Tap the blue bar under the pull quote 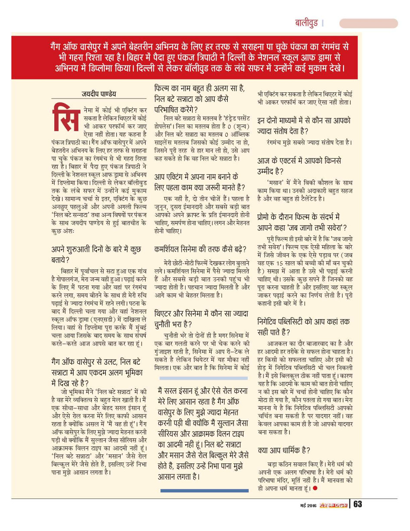point(204,490)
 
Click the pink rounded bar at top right point(368,23)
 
